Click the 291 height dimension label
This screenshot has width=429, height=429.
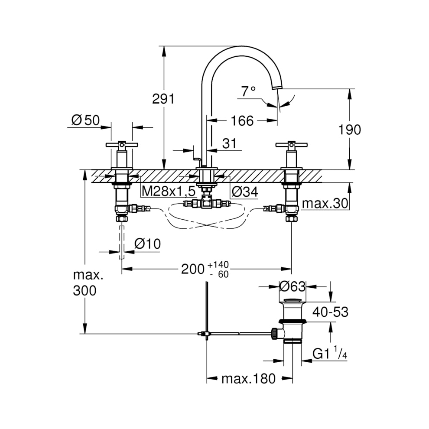(163, 99)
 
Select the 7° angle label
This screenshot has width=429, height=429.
(249, 91)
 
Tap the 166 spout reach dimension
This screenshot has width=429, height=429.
(242, 121)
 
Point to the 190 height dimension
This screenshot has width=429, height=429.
(349, 130)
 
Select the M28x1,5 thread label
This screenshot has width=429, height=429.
(168, 191)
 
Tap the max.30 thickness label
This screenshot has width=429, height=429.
(325, 203)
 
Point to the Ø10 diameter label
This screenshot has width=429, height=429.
(147, 244)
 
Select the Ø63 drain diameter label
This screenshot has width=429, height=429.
(292, 286)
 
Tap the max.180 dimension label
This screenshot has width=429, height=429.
(249, 379)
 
